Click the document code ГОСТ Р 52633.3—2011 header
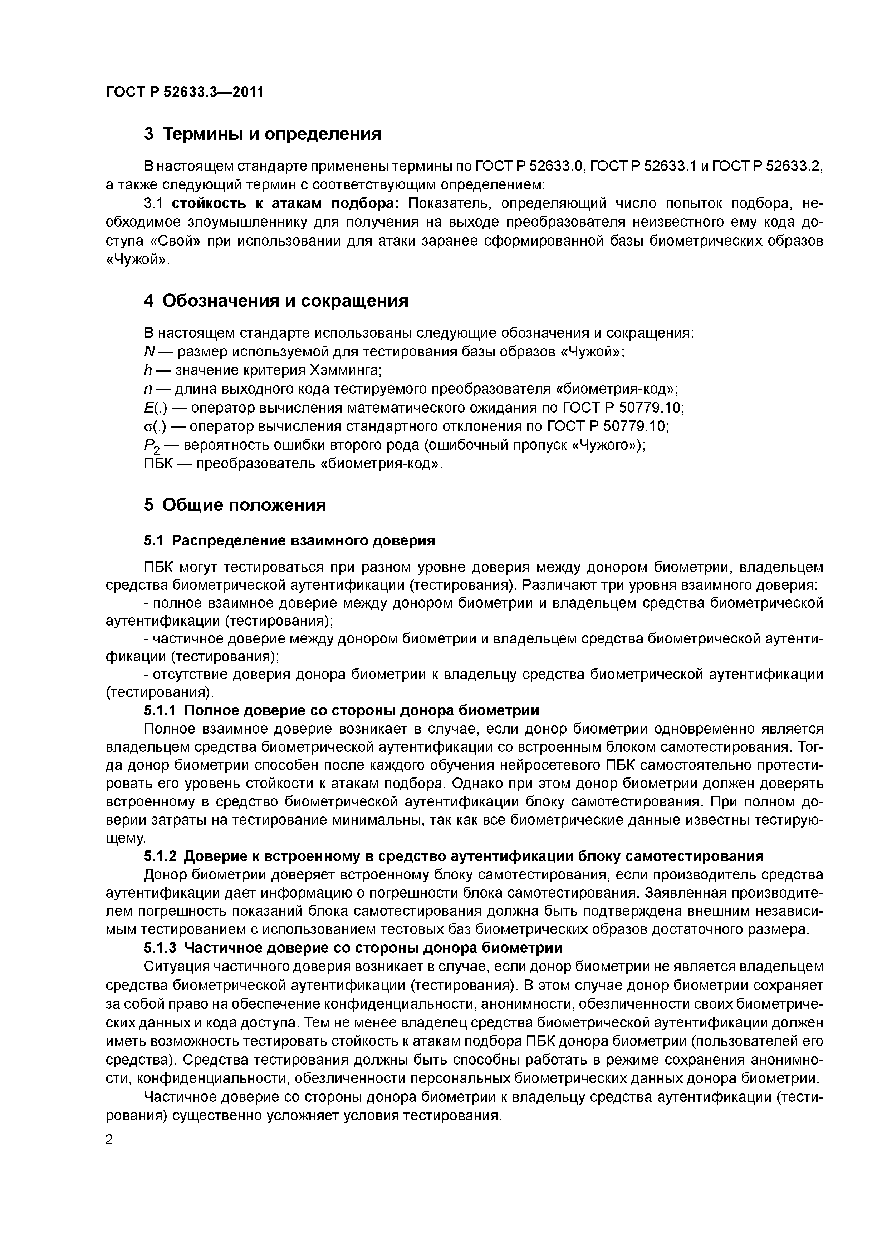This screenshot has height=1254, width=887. point(185,92)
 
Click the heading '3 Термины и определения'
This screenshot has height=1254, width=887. point(262,134)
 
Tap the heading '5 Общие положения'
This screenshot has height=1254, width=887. point(235,505)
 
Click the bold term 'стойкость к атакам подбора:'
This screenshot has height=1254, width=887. point(286,204)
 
